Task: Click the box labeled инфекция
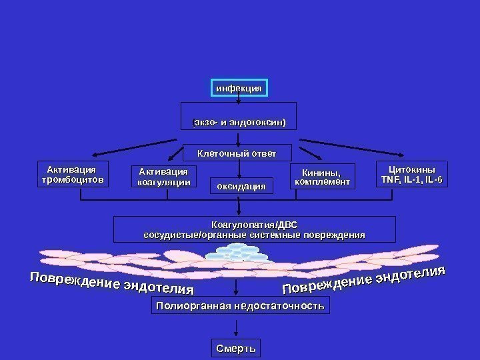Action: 239,88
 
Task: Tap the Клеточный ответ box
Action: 237,153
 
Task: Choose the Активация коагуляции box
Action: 163,177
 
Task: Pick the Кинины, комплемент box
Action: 321,177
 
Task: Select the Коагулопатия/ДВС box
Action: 254,229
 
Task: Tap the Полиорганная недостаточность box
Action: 240,306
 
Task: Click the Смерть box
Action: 236,349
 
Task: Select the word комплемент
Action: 321,182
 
